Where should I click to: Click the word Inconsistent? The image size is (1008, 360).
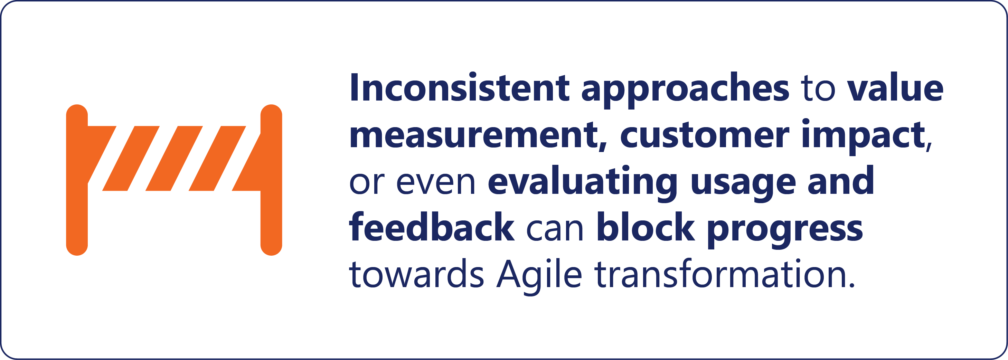click(x=459, y=86)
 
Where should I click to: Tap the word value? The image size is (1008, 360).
click(x=895, y=86)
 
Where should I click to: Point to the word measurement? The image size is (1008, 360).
click(x=478, y=135)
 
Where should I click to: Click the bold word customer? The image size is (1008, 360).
click(x=705, y=135)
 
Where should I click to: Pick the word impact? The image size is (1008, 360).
click(x=863, y=136)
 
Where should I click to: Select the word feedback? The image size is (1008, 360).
click(x=432, y=227)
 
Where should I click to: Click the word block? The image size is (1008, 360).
click(x=646, y=227)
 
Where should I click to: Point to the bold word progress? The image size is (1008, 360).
click(x=785, y=230)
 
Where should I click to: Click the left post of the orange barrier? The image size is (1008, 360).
click(x=77, y=180)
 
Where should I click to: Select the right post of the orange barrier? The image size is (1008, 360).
click(x=271, y=180)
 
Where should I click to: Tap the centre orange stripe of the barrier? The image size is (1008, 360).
click(x=174, y=159)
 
